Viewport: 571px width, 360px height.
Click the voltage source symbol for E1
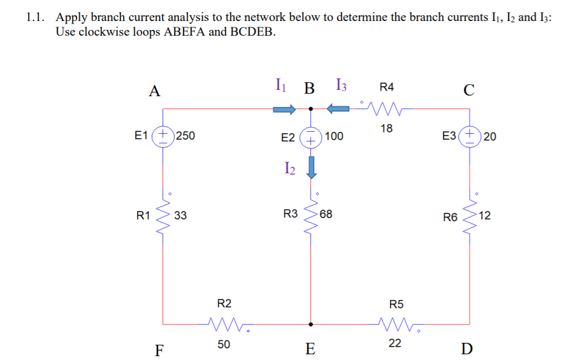pyautogui.click(x=164, y=135)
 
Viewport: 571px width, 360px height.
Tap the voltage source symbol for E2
pyautogui.click(x=310, y=136)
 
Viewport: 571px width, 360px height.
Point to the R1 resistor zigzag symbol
pyautogui.click(x=164, y=216)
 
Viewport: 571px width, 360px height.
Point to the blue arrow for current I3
pyautogui.click(x=339, y=109)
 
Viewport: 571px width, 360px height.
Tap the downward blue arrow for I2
pyautogui.click(x=311, y=167)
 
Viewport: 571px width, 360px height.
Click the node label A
pyautogui.click(x=154, y=91)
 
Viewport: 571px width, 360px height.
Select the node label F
pyautogui.click(x=159, y=349)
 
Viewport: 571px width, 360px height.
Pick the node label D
pyautogui.click(x=466, y=349)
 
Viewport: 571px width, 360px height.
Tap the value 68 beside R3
pyautogui.click(x=326, y=214)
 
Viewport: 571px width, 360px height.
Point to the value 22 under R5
pyautogui.click(x=395, y=343)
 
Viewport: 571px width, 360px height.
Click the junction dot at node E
pyautogui.click(x=311, y=324)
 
